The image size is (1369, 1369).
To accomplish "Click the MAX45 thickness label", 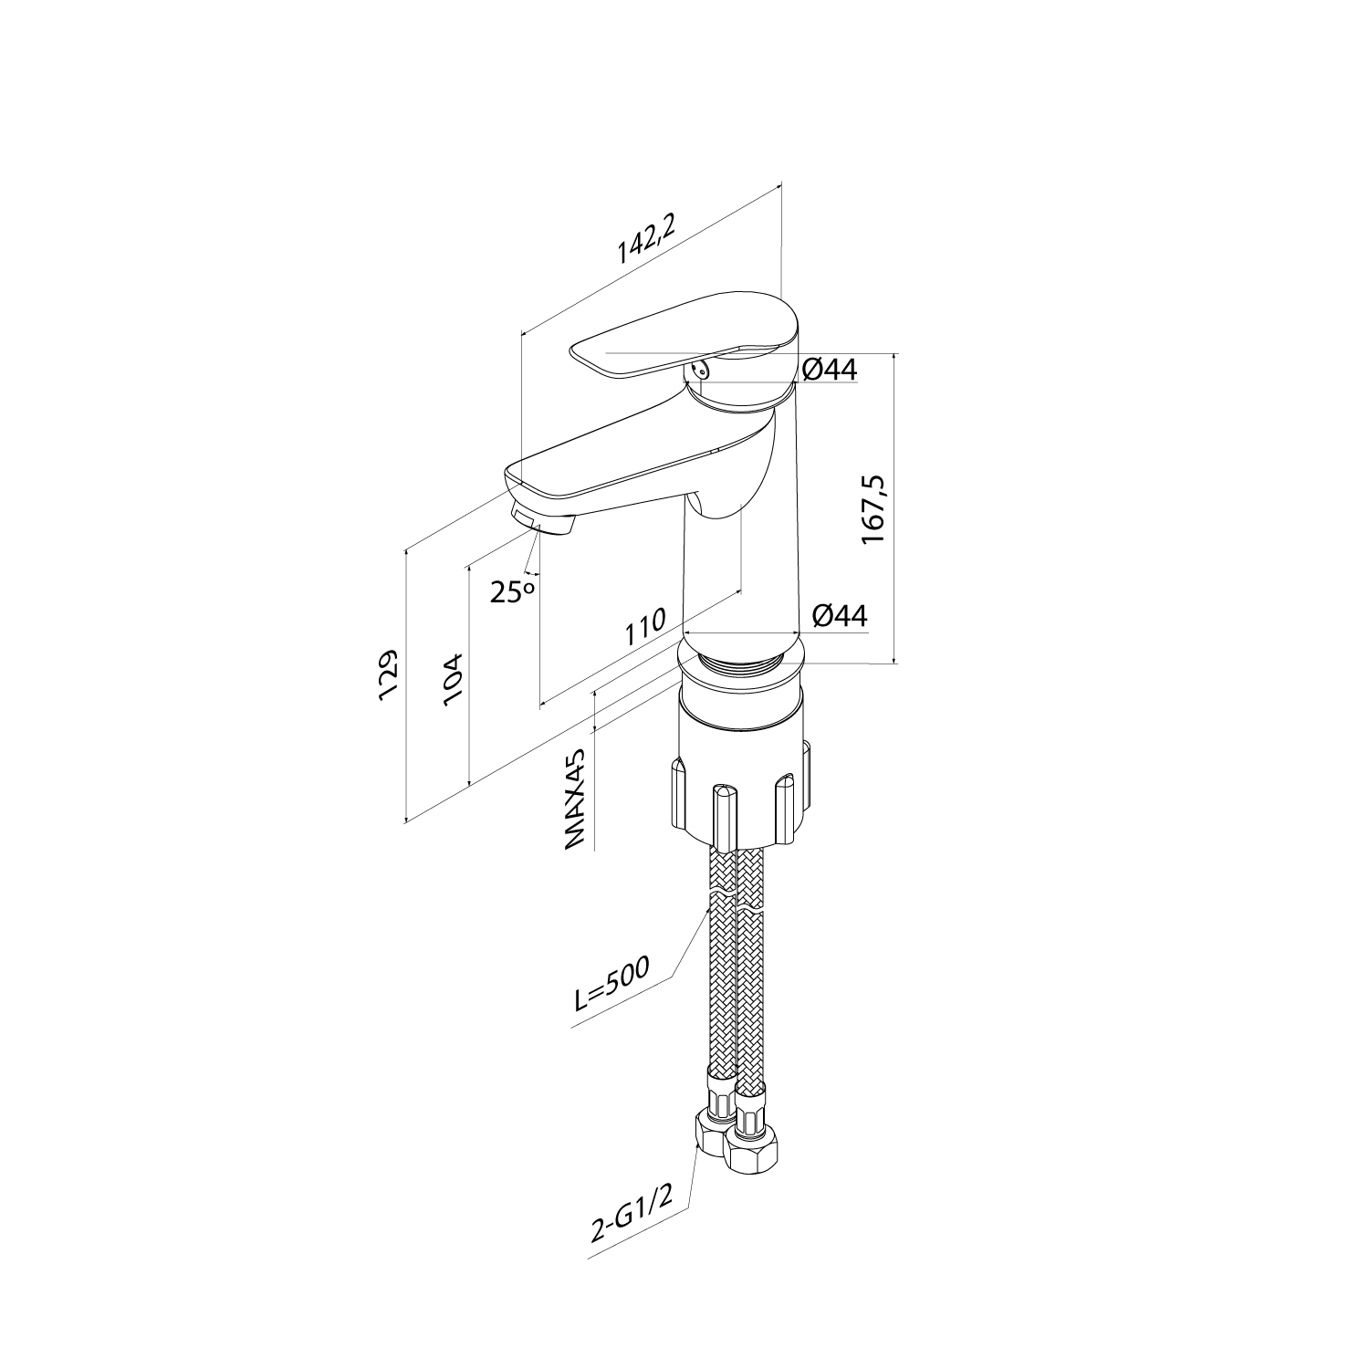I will pos(575,801).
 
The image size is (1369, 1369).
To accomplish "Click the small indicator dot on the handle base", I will pos(698,370).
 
